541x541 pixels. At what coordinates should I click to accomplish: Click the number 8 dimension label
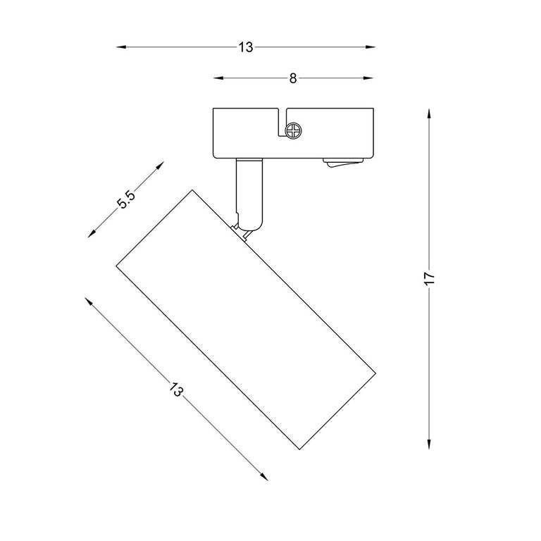click(292, 79)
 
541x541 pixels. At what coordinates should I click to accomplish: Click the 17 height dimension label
click(430, 278)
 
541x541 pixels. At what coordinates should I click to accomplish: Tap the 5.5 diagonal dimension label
click(126, 200)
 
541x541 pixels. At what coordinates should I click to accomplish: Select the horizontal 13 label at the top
click(246, 47)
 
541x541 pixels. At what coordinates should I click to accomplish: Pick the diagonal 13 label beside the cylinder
click(175, 389)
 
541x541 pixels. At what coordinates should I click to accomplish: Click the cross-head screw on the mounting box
click(293, 131)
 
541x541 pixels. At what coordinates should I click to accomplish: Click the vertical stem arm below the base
click(249, 194)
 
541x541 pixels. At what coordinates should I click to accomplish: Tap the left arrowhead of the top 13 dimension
click(120, 47)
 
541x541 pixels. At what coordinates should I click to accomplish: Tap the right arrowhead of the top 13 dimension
click(371, 47)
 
